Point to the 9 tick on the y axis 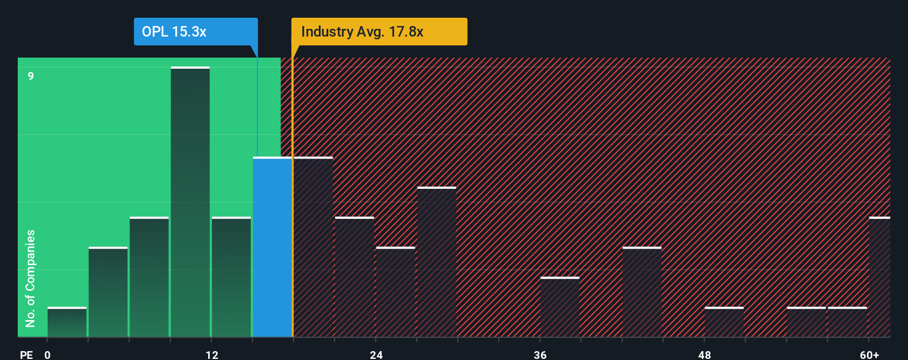tap(31, 76)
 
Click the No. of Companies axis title tap(30, 278)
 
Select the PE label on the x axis tap(26, 354)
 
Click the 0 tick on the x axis tap(48, 354)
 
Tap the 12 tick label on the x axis tap(212, 354)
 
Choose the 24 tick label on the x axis tap(376, 354)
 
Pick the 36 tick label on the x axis tap(540, 354)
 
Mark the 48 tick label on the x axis tap(704, 354)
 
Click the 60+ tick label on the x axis tap(869, 354)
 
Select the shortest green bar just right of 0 tap(67, 322)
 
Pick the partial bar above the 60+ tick tap(880, 277)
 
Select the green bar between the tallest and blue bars tap(231, 277)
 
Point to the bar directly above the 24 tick tap(395, 292)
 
